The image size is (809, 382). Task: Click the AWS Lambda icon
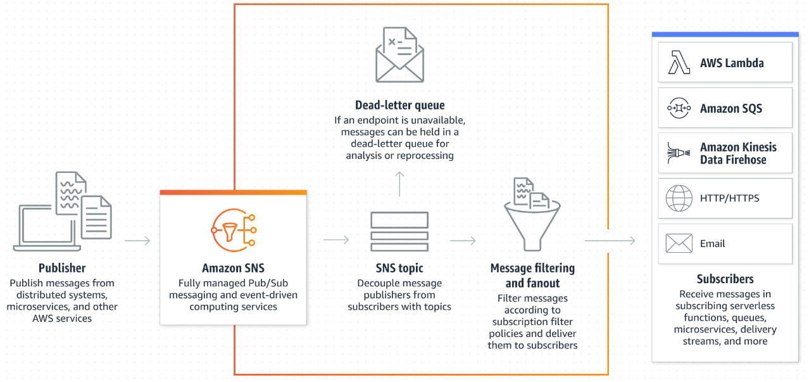point(679,63)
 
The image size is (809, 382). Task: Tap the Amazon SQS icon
point(679,108)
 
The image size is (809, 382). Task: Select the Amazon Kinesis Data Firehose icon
point(679,153)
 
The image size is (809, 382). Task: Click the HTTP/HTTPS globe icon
point(679,198)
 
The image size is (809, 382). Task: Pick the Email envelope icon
point(679,243)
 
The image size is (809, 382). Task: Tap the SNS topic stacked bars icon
point(399,232)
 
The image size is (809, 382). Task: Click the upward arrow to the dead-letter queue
point(399,183)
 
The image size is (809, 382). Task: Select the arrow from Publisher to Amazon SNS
point(137,241)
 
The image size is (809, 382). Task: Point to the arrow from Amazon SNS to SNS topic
point(336,240)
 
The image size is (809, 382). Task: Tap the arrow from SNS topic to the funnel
point(463,241)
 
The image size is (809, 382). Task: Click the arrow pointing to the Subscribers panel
point(610,241)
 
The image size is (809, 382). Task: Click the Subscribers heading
point(725,279)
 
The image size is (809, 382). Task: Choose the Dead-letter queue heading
point(399,105)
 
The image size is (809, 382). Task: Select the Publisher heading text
point(62,268)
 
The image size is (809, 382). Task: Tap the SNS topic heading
point(399,268)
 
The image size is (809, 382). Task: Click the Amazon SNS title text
point(233,268)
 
